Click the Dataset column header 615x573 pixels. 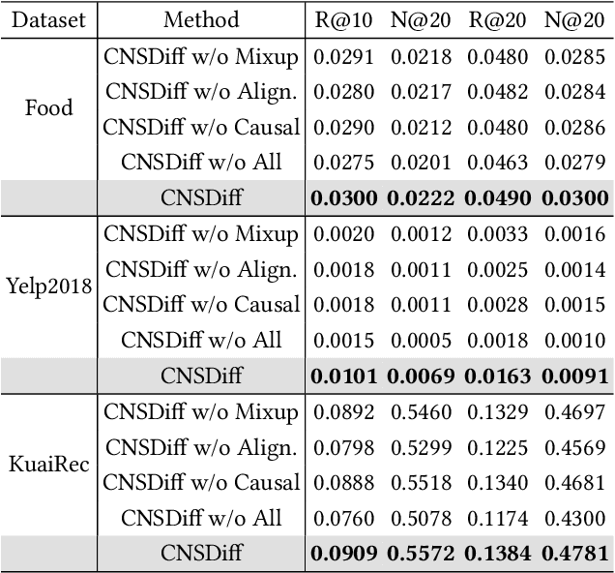coord(48,19)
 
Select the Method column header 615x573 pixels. coord(201,19)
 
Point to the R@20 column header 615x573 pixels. coord(499,19)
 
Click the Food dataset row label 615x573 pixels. coord(48,107)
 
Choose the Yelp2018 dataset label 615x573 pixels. coord(48,286)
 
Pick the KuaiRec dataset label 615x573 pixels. coord(48,464)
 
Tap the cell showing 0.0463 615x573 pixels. coord(499,162)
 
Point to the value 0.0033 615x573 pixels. coord(499,234)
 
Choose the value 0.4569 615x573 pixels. coord(576,448)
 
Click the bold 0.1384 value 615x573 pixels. coord(499,554)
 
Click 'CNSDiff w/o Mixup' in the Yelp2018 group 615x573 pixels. coord(201,234)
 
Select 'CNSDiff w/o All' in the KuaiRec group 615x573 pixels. coord(201,518)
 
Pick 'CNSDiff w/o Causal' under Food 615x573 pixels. coord(201,127)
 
